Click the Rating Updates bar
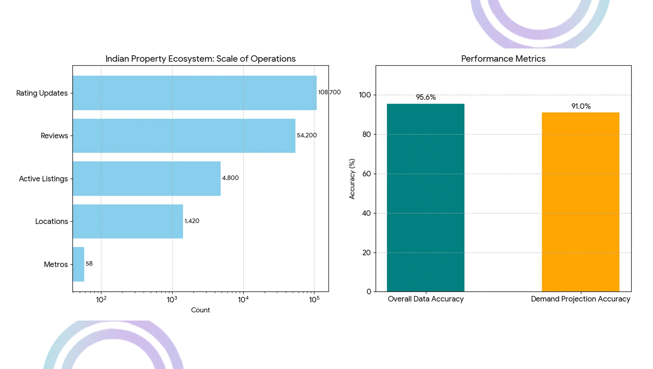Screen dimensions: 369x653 (x=194, y=93)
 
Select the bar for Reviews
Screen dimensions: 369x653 (x=184, y=136)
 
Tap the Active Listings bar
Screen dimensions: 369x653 (x=146, y=178)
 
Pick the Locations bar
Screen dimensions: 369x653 (x=128, y=221)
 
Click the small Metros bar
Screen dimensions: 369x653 (x=78, y=264)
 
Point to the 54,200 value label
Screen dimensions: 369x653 (x=307, y=135)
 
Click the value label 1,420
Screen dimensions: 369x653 (x=192, y=221)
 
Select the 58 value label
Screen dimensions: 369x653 (x=89, y=264)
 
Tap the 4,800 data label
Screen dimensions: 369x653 (x=230, y=178)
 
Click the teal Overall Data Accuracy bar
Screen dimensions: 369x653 (x=426, y=198)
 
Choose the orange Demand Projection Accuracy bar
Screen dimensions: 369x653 (x=581, y=202)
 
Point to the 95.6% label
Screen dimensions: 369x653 (x=426, y=97)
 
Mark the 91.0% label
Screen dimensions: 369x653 (x=581, y=106)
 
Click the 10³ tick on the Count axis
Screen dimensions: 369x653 (x=172, y=299)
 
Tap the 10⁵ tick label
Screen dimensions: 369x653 (x=314, y=299)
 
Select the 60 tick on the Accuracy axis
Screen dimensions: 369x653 (x=367, y=174)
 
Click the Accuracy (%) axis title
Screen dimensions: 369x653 (x=352, y=179)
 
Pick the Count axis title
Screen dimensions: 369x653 (x=200, y=310)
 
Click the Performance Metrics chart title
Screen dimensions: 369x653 (x=503, y=59)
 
